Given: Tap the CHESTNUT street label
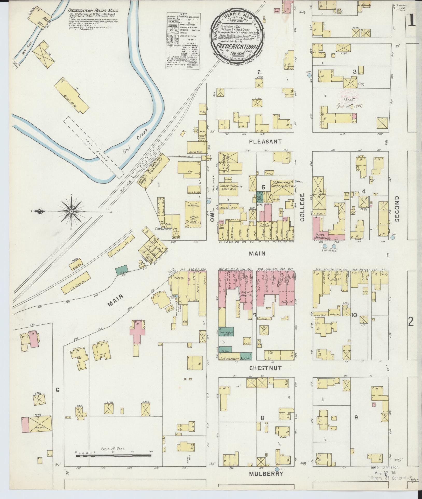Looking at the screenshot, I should [265, 368].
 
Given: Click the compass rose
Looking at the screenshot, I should [71, 212].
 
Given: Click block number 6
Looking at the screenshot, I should [58, 389].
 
